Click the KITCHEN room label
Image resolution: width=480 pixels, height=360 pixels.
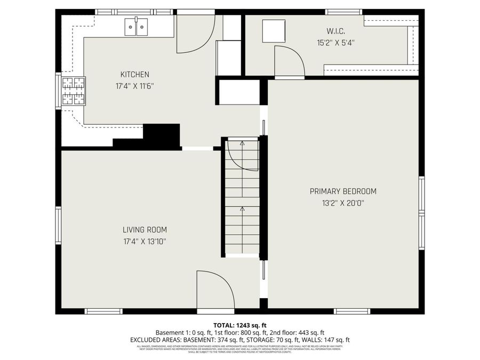(134, 75)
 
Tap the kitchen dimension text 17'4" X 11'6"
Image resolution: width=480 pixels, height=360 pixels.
(134, 85)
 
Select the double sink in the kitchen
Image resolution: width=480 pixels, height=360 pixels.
(136, 27)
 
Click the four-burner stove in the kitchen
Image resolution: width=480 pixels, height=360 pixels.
(74, 91)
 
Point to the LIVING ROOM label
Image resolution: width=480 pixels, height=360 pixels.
(145, 230)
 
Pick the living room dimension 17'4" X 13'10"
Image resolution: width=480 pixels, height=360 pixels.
(145, 241)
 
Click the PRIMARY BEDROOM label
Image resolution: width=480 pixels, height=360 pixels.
(343, 191)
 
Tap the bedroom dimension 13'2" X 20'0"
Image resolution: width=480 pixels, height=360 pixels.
(343, 203)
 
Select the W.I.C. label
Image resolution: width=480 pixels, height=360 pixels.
(333, 30)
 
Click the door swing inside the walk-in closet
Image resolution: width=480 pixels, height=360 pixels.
(288, 61)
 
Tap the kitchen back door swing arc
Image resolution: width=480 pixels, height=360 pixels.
(195, 35)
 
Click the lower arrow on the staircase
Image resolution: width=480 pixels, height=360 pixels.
(242, 209)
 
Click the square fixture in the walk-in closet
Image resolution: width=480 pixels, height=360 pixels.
(274, 31)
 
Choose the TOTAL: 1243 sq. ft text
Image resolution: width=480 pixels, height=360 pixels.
(240, 325)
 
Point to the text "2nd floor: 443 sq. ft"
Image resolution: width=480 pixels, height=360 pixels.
(299, 332)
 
